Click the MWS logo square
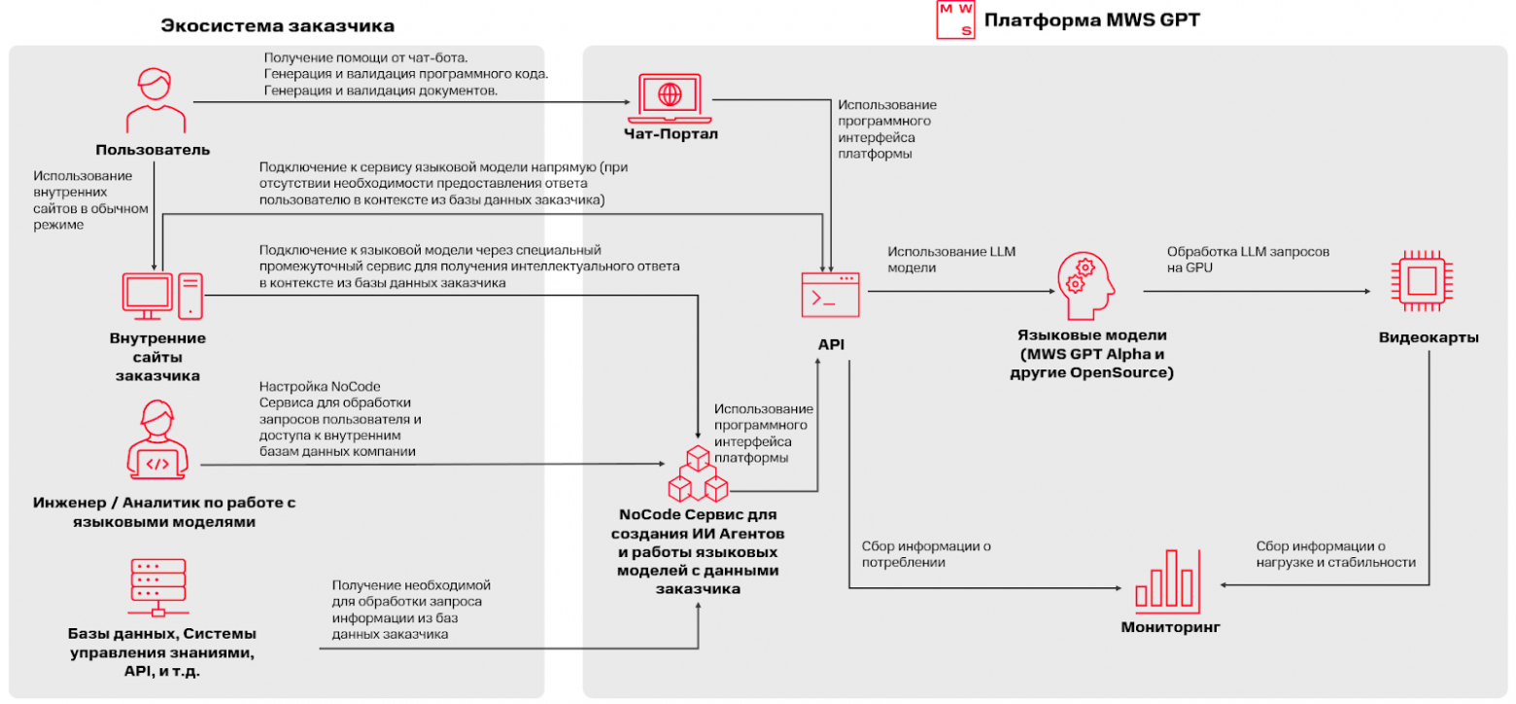tap(954, 19)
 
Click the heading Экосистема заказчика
tap(264, 25)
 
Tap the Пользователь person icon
tap(155, 100)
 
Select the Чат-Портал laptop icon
tap(670, 96)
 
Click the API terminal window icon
tap(829, 295)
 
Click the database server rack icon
tap(156, 585)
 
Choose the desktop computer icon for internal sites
tap(161, 296)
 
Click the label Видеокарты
tap(1429, 338)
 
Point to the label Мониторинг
tap(1170, 627)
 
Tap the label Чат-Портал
tap(671, 134)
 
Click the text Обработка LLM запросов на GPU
tap(1248, 260)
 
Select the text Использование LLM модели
tap(950, 260)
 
